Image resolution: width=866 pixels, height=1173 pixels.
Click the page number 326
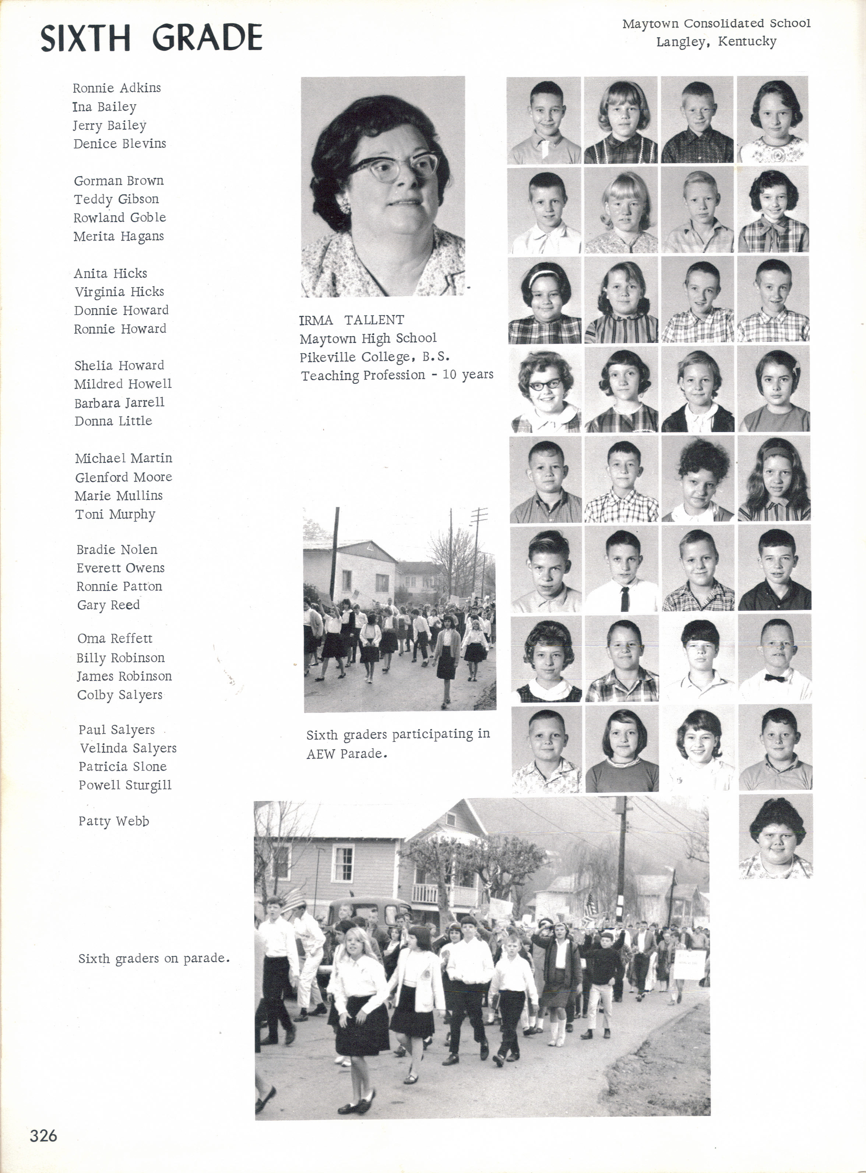pos(43,1135)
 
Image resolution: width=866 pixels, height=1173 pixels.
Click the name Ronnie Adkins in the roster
pos(117,88)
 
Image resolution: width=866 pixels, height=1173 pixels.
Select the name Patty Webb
pos(114,821)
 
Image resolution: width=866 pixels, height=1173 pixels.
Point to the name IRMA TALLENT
pos(351,320)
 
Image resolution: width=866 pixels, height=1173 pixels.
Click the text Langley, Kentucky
pos(716,41)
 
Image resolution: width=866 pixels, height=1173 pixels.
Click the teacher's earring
pos(344,207)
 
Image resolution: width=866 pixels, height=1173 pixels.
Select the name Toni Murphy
pos(115,514)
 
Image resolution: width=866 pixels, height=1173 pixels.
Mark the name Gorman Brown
pos(119,181)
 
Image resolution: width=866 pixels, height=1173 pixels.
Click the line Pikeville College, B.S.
pos(374,357)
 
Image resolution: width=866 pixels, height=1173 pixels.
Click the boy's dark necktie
pos(624,598)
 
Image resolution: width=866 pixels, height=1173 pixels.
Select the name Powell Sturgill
pos(125,785)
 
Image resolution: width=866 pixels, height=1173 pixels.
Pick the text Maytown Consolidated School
pos(716,24)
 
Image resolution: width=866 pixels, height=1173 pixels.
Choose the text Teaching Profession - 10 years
pos(397,375)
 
